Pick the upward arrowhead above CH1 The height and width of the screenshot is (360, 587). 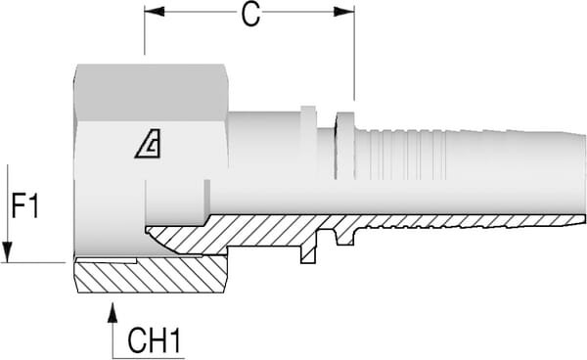113,310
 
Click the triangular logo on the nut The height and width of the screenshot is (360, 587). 148,146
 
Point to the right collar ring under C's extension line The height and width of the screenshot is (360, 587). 344,147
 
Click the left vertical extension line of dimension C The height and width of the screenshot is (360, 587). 145,34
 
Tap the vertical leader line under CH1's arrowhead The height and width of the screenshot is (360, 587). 113,337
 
